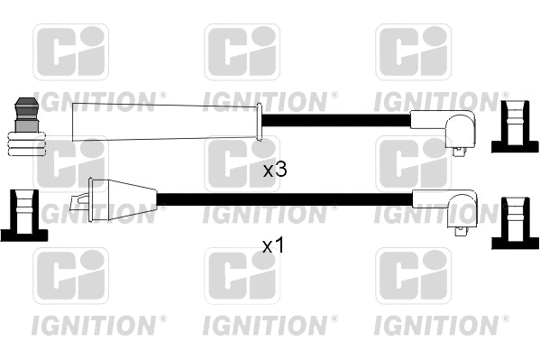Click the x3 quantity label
274,169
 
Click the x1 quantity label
273,245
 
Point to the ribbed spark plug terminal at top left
25,127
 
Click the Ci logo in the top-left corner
70,52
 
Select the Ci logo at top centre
242,52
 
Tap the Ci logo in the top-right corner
412,52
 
